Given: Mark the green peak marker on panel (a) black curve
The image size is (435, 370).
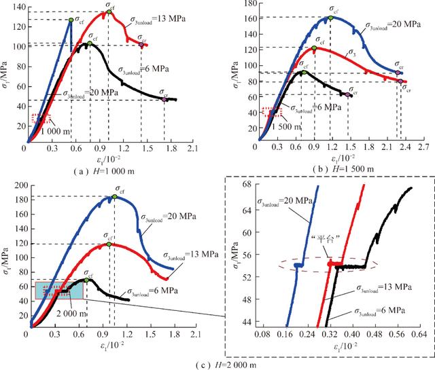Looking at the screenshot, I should (x=89, y=43).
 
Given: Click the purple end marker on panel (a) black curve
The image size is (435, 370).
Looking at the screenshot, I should (x=165, y=99).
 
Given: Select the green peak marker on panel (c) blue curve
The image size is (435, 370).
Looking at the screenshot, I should (x=114, y=197).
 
